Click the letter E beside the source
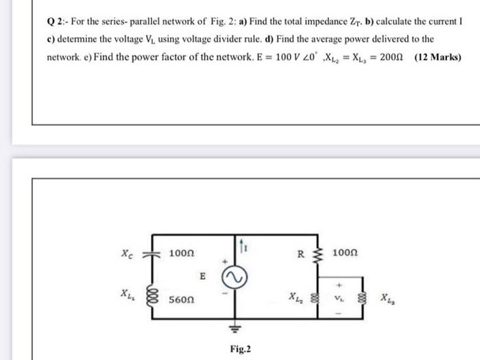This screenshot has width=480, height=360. (203, 276)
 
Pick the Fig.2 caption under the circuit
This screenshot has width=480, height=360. (240, 349)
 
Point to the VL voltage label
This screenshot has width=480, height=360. (339, 299)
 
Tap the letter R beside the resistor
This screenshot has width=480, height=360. (300, 254)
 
